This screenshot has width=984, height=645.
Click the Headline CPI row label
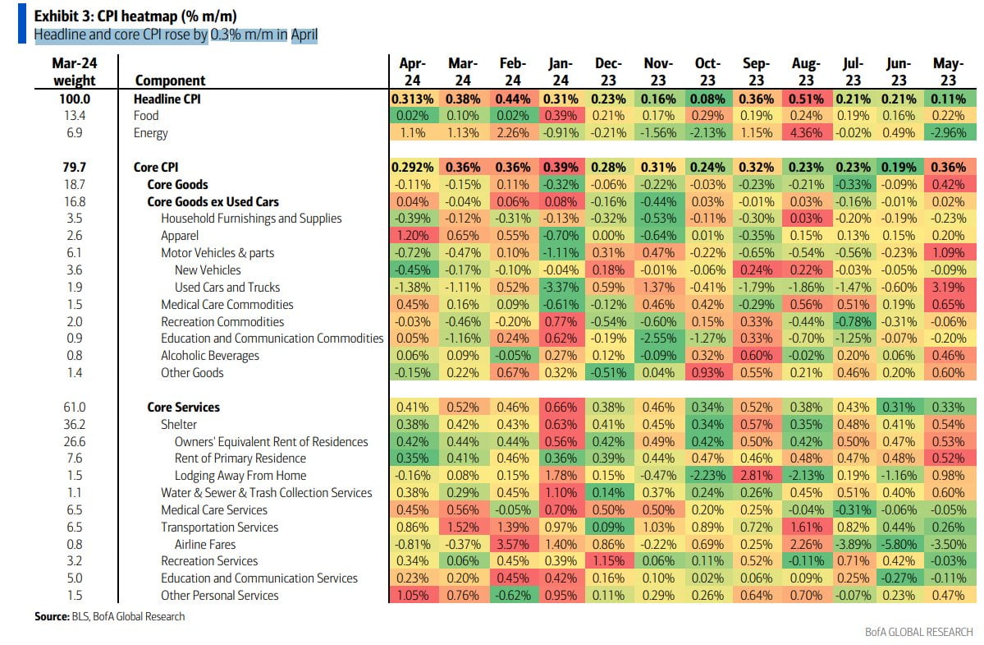coord(167,99)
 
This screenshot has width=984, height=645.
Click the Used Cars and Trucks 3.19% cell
coord(948,287)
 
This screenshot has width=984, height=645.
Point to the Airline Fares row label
coord(204,544)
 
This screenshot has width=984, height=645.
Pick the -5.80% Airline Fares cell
coord(899,544)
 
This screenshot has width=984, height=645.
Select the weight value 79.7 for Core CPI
coord(75,168)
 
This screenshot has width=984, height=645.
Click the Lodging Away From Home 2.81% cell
coord(756,476)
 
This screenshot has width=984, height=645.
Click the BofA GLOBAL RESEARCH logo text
coord(918,632)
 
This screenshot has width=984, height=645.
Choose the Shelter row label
coord(180,424)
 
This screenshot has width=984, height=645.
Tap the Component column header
coord(170,81)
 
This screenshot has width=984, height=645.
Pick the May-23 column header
coord(948,71)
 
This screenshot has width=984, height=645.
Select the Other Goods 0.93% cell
coord(707,372)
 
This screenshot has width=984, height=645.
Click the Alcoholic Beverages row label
coord(209,356)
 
